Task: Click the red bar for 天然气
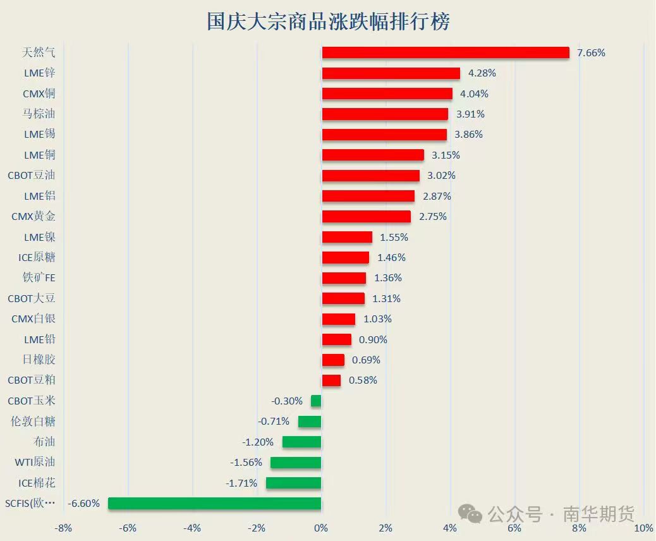(446, 52)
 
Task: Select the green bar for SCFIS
(215, 504)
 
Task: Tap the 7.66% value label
(591, 53)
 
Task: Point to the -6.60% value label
(84, 504)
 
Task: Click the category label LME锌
(40, 73)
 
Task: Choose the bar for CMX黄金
(366, 217)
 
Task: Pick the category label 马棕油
(39, 114)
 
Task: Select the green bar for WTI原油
(296, 463)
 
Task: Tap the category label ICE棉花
(37, 483)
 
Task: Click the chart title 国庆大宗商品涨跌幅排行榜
(329, 21)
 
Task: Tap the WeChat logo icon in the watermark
(471, 514)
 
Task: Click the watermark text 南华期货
(598, 514)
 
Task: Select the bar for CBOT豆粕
(331, 380)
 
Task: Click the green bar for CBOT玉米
(316, 401)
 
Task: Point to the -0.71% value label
(274, 422)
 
